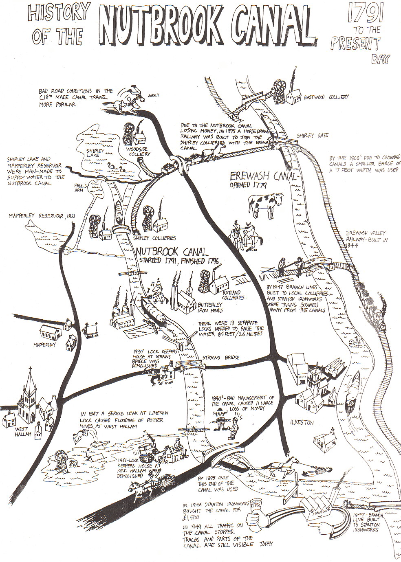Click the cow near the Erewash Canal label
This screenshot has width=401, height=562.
coord(265,204)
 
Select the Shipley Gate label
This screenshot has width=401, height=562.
coord(312,135)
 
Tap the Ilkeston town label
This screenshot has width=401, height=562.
coord(302,423)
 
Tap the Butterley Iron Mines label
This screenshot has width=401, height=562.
coord(210,307)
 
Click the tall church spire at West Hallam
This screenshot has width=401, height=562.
coord(30,391)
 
